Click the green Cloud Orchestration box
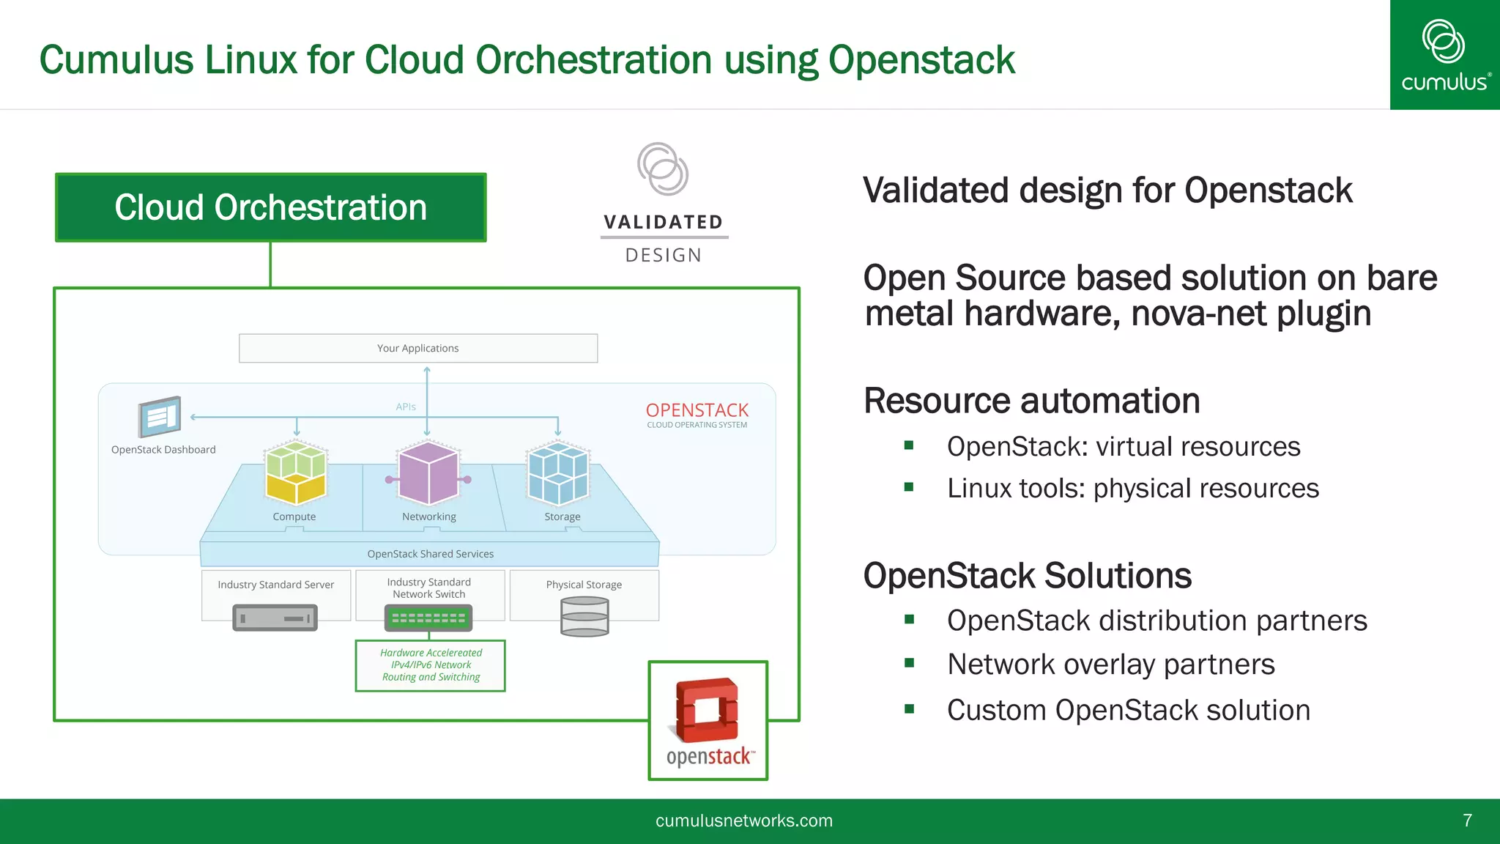[x=270, y=207]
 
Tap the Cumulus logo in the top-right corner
[x=1444, y=56]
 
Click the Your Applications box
[x=417, y=348]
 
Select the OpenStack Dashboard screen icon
[x=160, y=416]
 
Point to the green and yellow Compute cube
[x=296, y=473]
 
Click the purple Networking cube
[x=428, y=473]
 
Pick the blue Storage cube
[x=558, y=473]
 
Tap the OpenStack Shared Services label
[x=430, y=554]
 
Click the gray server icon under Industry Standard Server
[x=275, y=618]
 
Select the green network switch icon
[x=428, y=618]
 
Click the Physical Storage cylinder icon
[x=584, y=616]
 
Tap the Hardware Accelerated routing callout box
[x=431, y=665]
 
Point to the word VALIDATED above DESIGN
[x=664, y=222]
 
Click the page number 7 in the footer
[x=1467, y=821]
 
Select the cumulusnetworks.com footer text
[x=743, y=821]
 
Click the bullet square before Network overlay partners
[x=909, y=663]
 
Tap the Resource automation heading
[x=1031, y=401]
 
